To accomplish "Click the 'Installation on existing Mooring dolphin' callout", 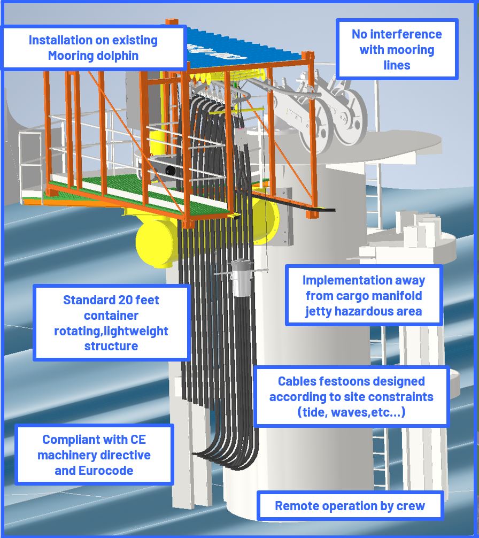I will click(93, 48).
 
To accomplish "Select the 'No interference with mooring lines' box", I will click(397, 49).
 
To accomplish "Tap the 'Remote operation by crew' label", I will click(350, 505).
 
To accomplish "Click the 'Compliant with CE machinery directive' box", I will click(94, 455).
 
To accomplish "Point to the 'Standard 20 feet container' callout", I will click(111, 322).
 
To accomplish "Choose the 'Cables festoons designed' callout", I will click(351, 396).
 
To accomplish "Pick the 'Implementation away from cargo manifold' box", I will click(364, 295).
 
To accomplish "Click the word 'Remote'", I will click(295, 505).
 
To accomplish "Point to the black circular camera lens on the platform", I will click(170, 171).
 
